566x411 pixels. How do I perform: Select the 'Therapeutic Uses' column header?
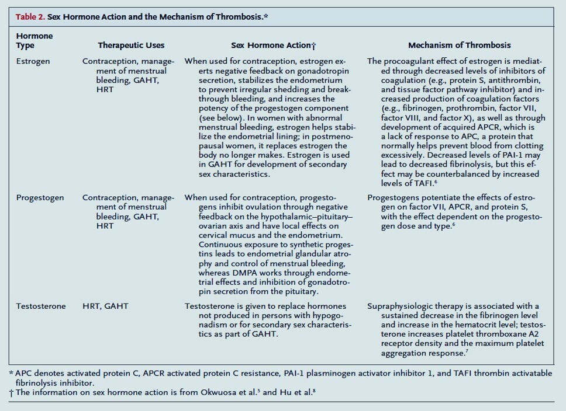(x=131, y=45)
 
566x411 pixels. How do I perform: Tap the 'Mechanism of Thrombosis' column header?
(x=459, y=45)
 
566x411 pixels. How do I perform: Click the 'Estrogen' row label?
(x=33, y=61)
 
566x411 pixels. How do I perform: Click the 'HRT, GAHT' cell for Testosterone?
(x=105, y=306)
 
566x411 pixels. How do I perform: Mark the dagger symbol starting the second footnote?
(x=11, y=392)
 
